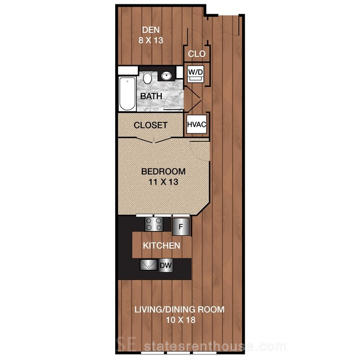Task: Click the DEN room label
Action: point(151,30)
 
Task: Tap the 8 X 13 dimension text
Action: point(151,40)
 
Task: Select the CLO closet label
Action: point(197,54)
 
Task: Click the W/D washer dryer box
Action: point(196,74)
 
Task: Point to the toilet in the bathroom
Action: point(147,78)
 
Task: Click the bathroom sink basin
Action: point(166,76)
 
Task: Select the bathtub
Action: point(127,94)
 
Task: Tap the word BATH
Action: point(151,96)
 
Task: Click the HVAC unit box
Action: point(197,124)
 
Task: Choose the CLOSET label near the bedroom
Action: point(151,125)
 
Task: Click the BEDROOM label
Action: point(163,171)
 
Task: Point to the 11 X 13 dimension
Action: point(163,182)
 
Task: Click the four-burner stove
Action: point(153,224)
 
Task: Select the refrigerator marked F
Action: point(181,227)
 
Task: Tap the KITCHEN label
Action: point(161,246)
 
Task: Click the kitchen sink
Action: point(148,265)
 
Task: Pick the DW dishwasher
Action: point(166,265)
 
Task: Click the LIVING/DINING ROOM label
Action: point(179,310)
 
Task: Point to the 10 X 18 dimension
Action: point(181,320)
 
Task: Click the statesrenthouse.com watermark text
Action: point(215,346)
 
